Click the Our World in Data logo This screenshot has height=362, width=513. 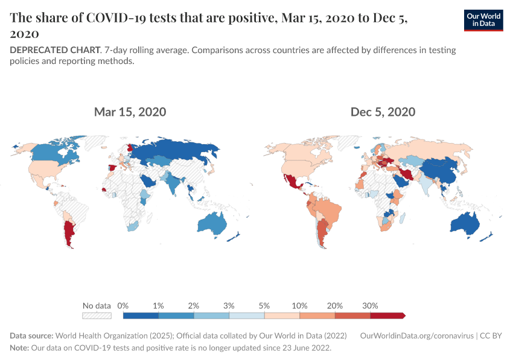point(483,20)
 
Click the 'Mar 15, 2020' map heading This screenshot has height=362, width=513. point(130,112)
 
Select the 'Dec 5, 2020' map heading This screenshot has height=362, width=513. point(383,112)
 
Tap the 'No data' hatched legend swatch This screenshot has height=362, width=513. point(97,315)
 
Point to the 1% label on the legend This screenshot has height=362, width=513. point(159,305)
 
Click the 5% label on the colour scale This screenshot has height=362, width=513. point(264,305)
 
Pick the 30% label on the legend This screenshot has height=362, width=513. point(370,305)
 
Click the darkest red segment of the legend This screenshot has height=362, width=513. point(387,315)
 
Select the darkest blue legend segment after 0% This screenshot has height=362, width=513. point(141,315)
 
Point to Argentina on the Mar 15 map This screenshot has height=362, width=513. point(70,232)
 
